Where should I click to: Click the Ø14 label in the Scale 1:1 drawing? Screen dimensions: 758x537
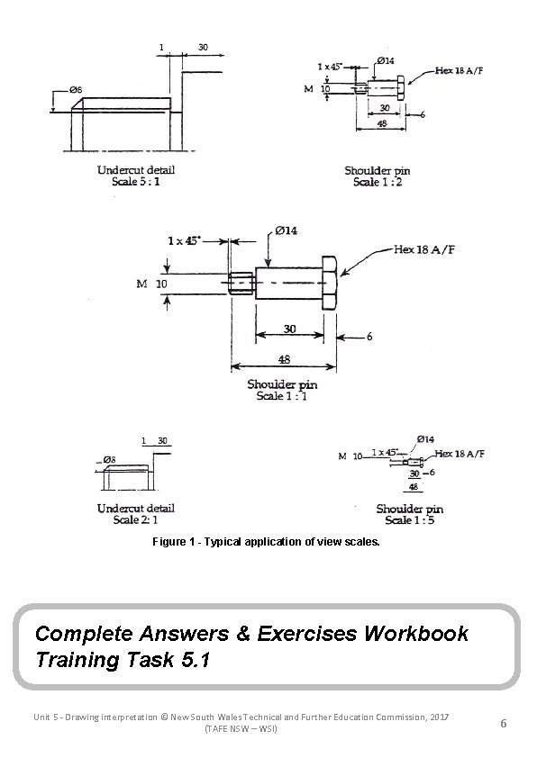287,231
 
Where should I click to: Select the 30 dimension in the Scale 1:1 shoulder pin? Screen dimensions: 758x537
288,329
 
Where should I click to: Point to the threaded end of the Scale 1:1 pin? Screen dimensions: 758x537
241,284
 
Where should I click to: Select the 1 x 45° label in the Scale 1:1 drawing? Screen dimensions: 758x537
184,240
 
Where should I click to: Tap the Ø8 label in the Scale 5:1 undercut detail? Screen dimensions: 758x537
76,90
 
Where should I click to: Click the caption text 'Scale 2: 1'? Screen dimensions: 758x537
136,519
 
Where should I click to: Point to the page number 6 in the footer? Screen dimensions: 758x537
504,722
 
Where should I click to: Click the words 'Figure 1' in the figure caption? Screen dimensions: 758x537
171,544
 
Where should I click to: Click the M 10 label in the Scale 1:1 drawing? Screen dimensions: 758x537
151,284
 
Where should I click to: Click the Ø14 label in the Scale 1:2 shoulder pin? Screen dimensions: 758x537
383,60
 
